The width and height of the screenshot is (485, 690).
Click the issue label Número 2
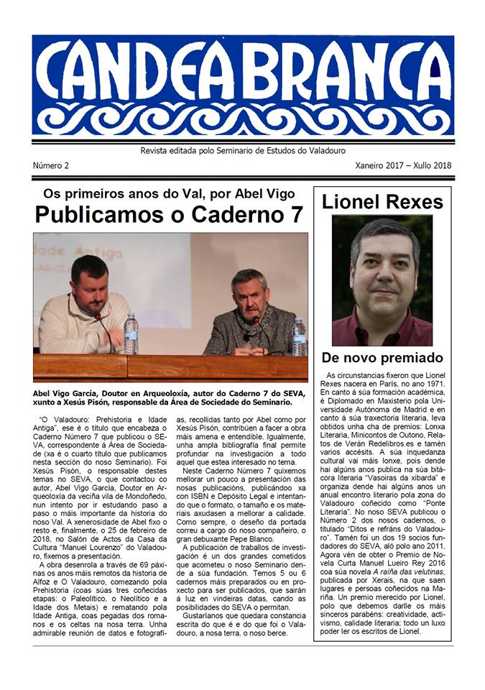[51, 165]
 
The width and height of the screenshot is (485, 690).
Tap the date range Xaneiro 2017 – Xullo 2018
[403, 165]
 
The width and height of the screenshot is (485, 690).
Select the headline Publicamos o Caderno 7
[170, 214]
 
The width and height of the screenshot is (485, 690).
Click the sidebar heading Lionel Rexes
[382, 202]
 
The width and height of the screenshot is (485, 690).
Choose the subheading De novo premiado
[382, 357]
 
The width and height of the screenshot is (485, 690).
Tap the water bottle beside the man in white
[130, 333]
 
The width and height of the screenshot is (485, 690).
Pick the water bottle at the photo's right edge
[298, 337]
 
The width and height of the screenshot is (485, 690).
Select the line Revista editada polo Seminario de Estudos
[242, 151]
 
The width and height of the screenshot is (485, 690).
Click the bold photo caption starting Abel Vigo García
[170, 399]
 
